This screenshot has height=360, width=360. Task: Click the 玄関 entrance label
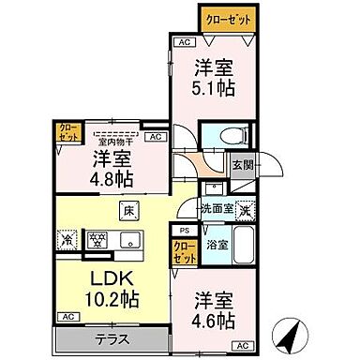(243, 165)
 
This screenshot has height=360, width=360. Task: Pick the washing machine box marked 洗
(246, 211)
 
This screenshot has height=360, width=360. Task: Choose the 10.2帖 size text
(94, 302)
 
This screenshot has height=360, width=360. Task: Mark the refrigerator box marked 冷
(67, 239)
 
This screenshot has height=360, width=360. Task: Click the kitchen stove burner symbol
(95, 239)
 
